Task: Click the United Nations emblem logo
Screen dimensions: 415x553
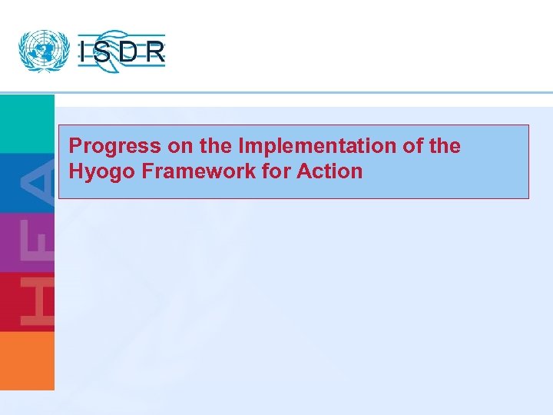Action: tap(43, 51)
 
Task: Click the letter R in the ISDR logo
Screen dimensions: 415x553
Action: tap(156, 52)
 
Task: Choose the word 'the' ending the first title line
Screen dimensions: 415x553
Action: tap(445, 145)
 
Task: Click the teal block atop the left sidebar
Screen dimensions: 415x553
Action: tap(27, 123)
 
